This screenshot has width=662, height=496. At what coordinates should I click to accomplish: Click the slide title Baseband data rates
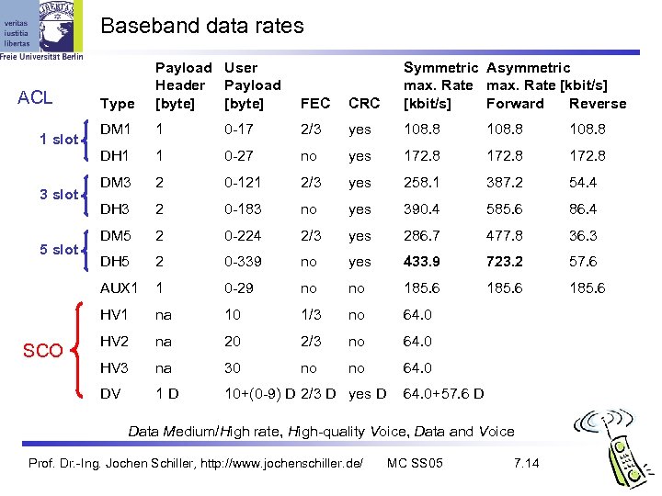tap(201, 27)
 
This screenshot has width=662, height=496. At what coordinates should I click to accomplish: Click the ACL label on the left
tap(35, 98)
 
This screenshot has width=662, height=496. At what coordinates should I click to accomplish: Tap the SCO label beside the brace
tap(43, 351)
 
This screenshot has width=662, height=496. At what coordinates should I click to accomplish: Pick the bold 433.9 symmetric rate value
tap(422, 262)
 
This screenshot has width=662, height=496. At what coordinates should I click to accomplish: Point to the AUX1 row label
tap(120, 287)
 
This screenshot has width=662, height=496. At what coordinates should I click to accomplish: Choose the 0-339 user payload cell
tap(244, 262)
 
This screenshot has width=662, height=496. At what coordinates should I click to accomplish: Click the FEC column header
tap(314, 104)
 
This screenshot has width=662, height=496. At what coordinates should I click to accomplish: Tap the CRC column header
tap(363, 104)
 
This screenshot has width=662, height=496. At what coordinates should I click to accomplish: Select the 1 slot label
tap(57, 140)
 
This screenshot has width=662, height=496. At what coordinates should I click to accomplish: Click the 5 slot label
tap(57, 250)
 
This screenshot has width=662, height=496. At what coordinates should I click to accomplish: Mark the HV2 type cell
tap(115, 341)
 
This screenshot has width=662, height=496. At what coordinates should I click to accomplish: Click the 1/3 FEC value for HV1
tap(312, 315)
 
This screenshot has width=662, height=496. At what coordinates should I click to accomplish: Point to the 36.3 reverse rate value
tap(583, 236)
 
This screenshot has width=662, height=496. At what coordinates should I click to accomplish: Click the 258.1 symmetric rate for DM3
tap(422, 183)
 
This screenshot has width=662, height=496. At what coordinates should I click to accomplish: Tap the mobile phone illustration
tap(613, 448)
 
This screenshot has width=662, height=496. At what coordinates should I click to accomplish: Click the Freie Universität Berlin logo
tap(42, 32)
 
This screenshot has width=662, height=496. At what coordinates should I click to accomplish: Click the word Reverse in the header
tap(598, 104)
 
